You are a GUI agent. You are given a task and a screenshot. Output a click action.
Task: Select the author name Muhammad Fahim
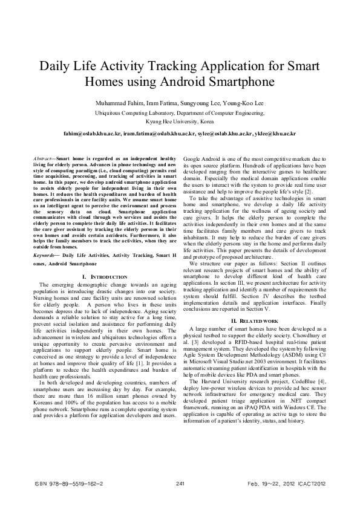(x=118, y=102)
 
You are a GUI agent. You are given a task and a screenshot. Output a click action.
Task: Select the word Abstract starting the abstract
(x=42, y=157)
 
